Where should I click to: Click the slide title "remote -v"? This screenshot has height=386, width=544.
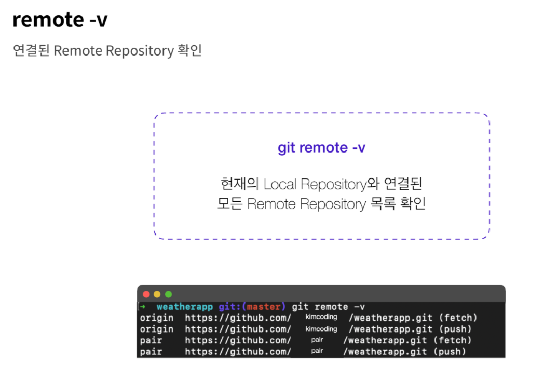pos(60,20)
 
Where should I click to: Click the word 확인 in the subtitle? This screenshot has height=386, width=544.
pos(189,51)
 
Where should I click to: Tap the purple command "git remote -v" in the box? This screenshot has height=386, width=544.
pos(321,148)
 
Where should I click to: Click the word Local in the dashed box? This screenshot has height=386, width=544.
pos(280,184)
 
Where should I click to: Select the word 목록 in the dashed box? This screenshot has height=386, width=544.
pos(384,204)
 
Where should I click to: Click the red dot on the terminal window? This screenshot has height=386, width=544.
pos(146,294)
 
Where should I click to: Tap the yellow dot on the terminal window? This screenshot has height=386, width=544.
pos(157,294)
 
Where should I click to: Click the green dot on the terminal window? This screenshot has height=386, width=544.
pos(168,294)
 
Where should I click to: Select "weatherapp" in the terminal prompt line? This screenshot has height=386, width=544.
pos(185,307)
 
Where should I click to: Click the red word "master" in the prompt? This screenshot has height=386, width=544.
pos(264,307)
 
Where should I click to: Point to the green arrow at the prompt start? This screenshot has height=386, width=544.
pos(143,307)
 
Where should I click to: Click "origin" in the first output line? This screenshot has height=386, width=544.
pos(157,318)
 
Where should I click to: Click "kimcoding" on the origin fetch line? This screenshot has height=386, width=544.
pos(321,317)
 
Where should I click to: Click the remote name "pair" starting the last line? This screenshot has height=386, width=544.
pos(151,352)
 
